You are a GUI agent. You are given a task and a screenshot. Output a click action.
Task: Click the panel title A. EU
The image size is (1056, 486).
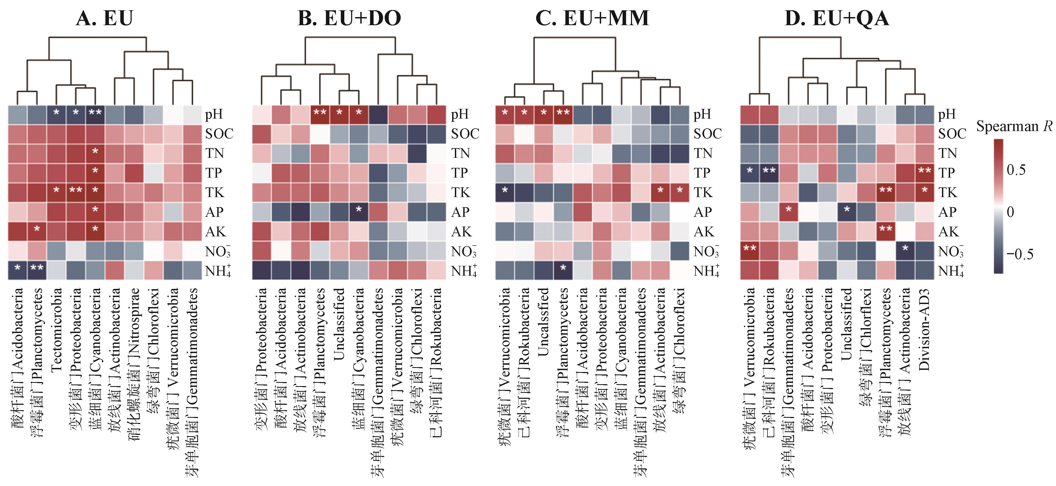(x=105, y=18)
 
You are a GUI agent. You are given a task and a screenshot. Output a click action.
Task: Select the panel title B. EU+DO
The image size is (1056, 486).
(x=349, y=18)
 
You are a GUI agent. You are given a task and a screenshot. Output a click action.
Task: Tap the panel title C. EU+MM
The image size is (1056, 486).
(x=592, y=18)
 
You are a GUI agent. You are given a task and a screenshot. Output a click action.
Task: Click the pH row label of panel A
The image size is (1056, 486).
(x=214, y=114)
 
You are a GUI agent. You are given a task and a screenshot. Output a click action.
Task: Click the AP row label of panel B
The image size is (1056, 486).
(x=460, y=212)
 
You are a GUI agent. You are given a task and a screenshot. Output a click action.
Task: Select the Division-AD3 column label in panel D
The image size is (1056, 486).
(x=924, y=330)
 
